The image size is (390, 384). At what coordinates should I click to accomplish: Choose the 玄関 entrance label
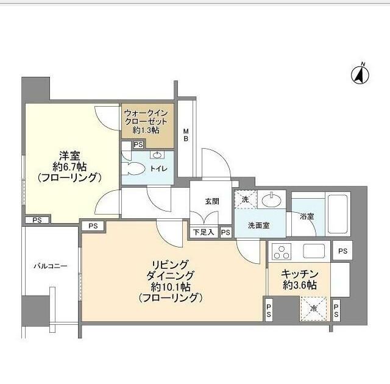click(211, 201)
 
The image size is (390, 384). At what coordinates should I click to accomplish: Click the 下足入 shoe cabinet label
click(203, 232)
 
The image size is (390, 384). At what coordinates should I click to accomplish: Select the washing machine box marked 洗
click(244, 200)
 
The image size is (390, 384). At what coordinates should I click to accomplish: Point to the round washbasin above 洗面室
click(271, 200)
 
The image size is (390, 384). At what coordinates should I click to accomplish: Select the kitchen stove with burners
click(282, 250)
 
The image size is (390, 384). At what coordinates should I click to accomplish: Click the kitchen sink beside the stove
click(315, 250)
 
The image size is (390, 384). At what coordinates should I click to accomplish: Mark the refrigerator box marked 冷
click(313, 308)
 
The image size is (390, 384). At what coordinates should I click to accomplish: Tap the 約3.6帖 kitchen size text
click(299, 285)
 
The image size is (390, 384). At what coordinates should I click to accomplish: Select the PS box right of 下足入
click(225, 232)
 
